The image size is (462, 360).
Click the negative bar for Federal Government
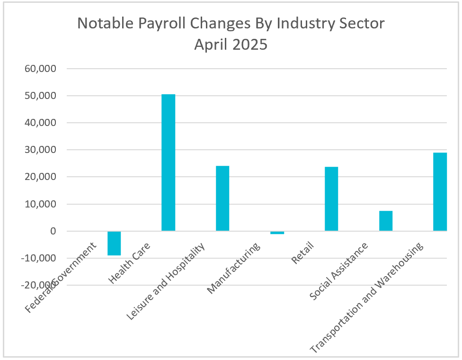pyautogui.click(x=114, y=243)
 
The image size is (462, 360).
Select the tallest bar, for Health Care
pyautogui.click(x=168, y=162)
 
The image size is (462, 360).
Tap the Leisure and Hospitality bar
pyautogui.click(x=222, y=198)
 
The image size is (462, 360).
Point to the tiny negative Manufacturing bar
pyautogui.click(x=277, y=233)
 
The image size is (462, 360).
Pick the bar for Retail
pyautogui.click(x=331, y=199)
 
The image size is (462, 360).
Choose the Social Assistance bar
pyautogui.click(x=386, y=221)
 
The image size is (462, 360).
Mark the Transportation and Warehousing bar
pyautogui.click(x=440, y=192)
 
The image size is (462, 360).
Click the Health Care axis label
pyautogui.click(x=129, y=263)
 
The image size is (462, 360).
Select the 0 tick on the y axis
pyautogui.click(x=53, y=232)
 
